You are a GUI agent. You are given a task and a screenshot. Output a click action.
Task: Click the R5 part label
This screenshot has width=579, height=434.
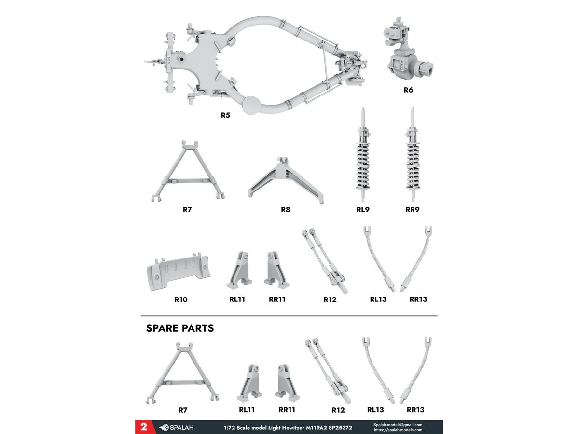(225, 115)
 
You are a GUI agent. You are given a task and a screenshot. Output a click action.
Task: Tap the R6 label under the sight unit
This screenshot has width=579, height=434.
(408, 90)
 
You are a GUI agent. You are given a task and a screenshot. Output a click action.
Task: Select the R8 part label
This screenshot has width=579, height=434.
(285, 209)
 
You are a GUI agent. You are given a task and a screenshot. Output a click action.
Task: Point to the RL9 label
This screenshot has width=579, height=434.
(363, 209)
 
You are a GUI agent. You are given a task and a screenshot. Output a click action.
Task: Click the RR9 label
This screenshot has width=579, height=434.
(412, 209)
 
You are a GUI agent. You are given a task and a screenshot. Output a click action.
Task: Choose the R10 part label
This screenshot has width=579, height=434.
(180, 299)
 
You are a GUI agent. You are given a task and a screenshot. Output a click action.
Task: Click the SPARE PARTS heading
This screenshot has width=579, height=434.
(180, 328)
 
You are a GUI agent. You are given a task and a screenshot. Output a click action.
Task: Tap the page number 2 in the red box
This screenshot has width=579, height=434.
(144, 427)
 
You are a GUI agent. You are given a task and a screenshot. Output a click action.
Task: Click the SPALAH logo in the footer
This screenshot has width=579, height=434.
(176, 427)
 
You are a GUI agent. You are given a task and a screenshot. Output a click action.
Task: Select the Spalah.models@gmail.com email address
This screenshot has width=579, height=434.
(398, 425)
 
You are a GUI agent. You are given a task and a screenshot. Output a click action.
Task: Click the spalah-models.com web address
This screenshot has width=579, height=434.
(398, 430)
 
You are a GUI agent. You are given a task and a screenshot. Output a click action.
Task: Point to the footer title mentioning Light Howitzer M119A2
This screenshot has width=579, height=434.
(288, 428)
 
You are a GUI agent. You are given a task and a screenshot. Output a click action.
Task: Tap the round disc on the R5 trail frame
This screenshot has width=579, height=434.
(251, 105)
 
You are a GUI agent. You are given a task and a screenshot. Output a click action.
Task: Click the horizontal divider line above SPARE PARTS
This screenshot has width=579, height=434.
(289, 316)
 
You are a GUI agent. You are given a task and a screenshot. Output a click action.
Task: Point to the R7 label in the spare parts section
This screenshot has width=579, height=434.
(183, 410)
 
